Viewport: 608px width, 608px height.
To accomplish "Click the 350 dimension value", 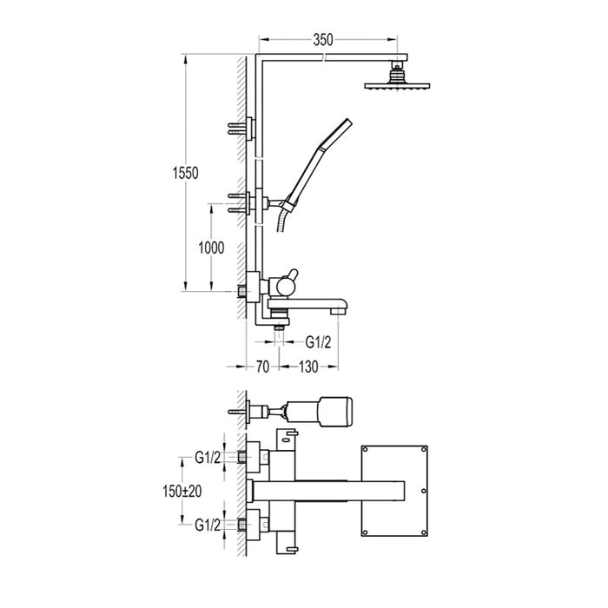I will (323, 39).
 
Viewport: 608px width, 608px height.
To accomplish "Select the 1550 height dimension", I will (187, 173).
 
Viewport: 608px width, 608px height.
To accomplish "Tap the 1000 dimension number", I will (211, 248).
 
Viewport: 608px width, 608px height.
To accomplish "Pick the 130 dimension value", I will (307, 367).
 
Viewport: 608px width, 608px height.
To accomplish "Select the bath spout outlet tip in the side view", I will (340, 307).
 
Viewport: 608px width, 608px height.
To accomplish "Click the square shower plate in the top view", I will (395, 491).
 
